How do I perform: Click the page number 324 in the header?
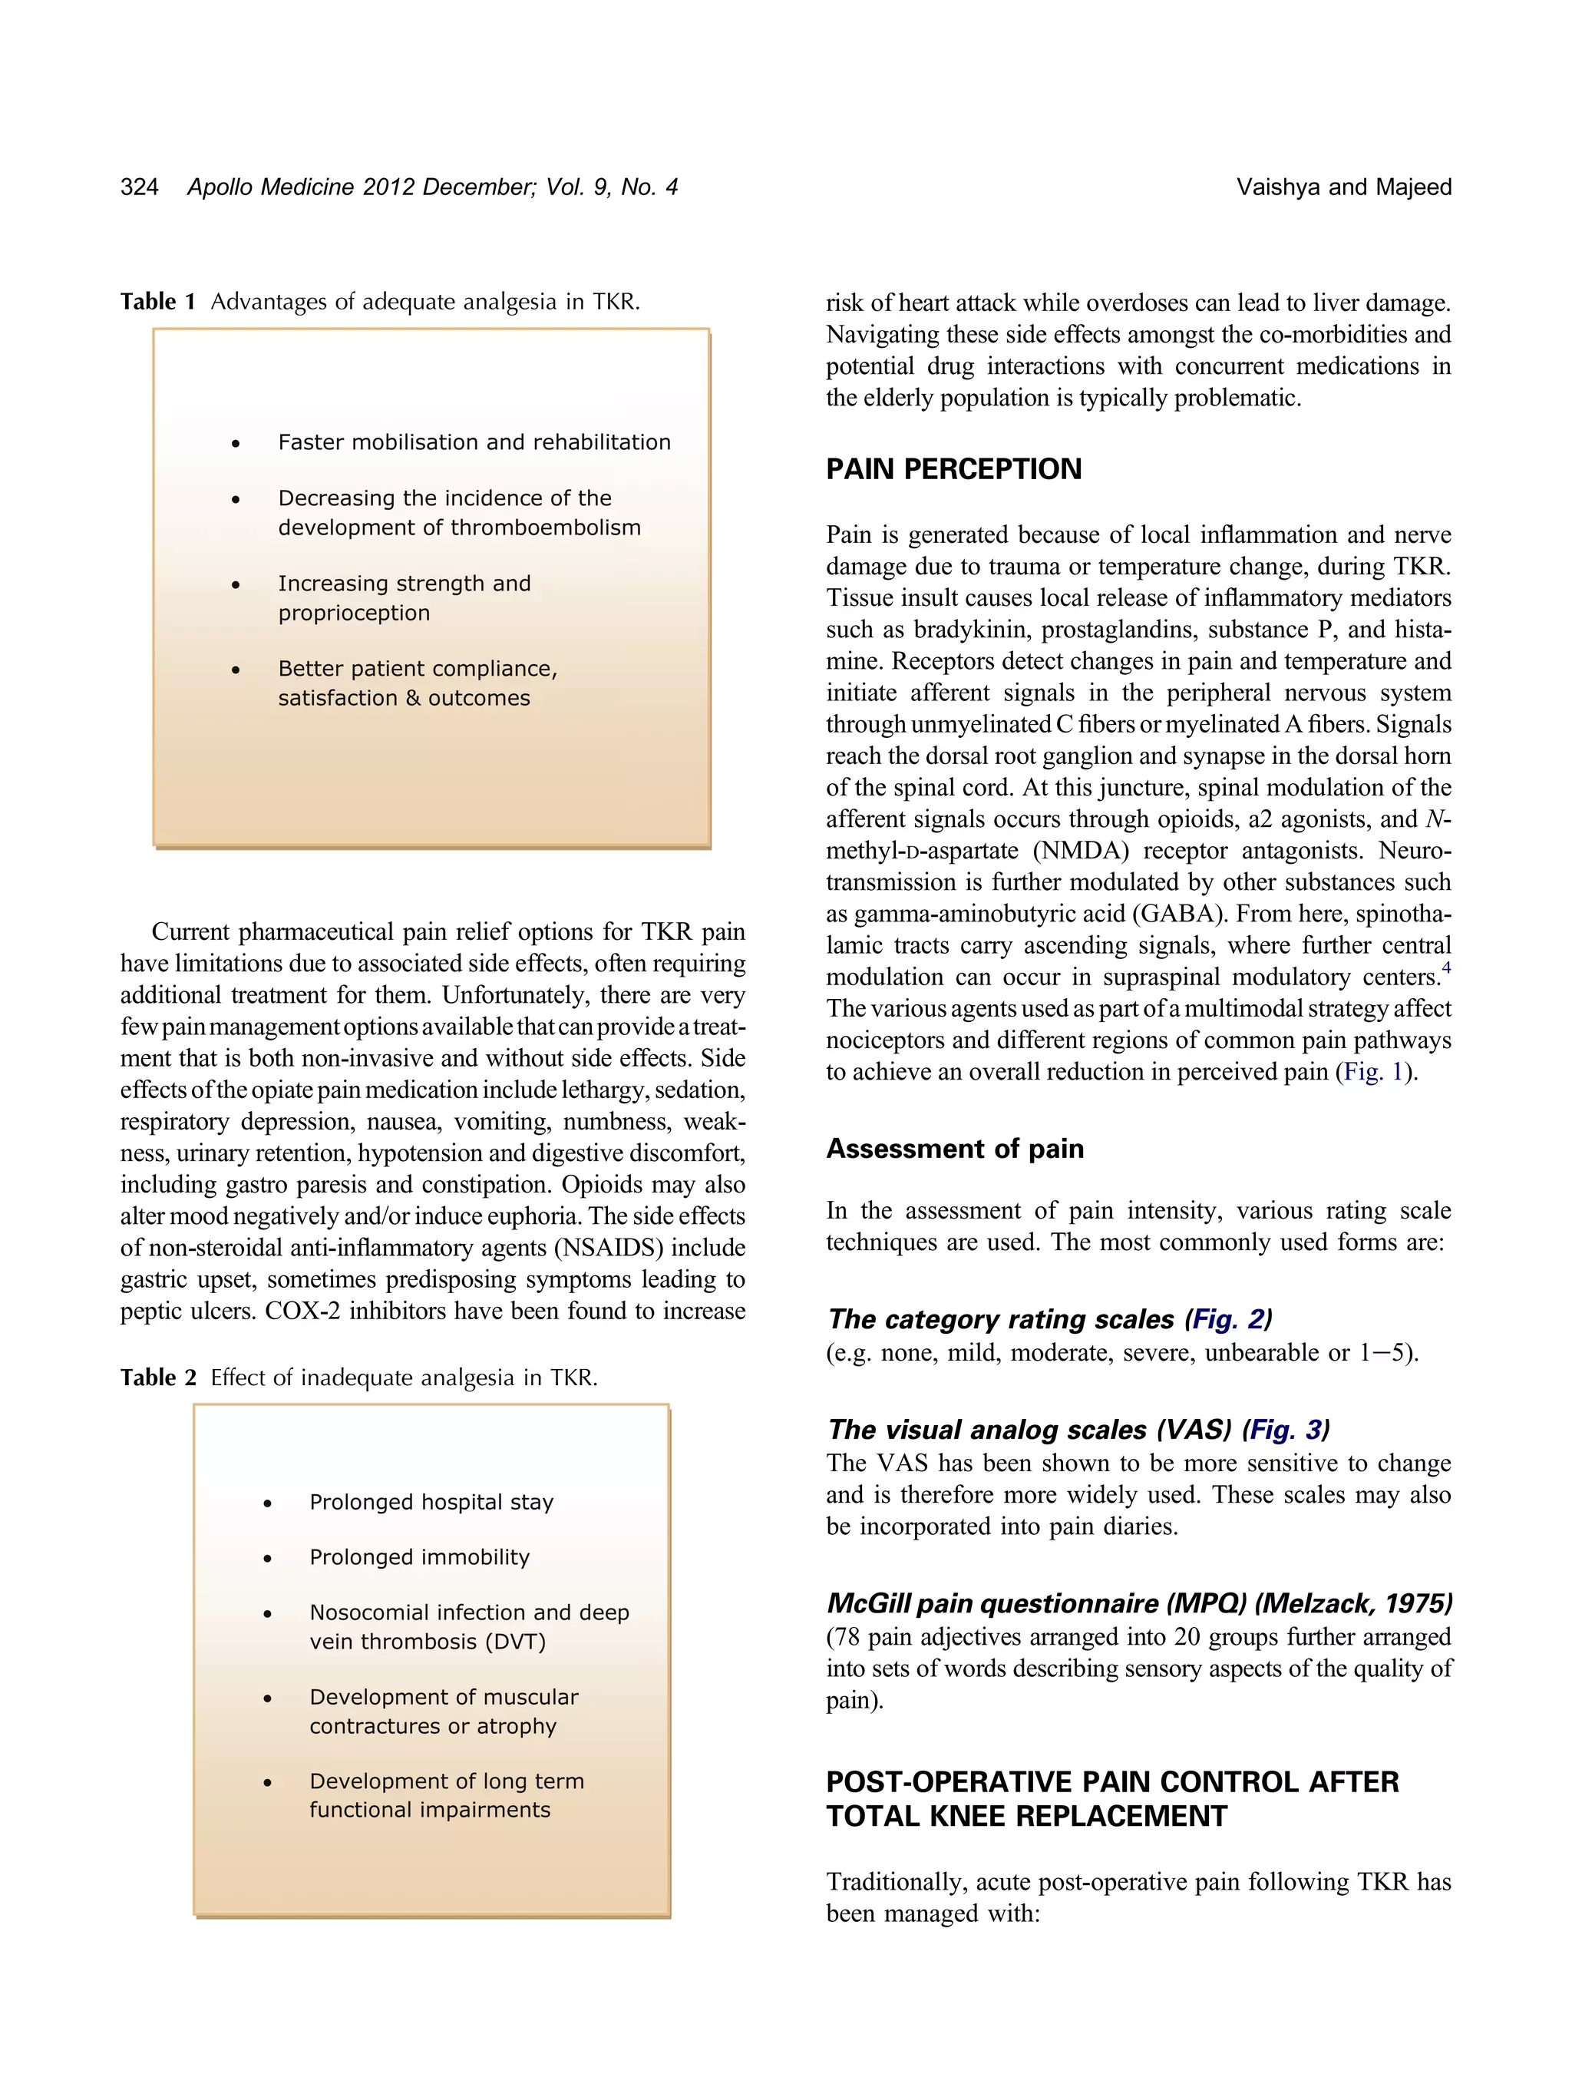point(139,187)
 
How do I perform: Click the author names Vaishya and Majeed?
point(1342,187)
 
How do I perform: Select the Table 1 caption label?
point(157,303)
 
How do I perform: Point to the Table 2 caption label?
point(157,1378)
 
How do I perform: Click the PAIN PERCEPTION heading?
point(953,469)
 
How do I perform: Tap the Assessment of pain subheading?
point(954,1149)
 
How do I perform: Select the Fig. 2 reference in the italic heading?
point(1228,1320)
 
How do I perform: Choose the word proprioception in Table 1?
point(353,614)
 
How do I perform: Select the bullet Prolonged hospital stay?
point(431,1503)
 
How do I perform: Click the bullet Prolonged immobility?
point(419,1557)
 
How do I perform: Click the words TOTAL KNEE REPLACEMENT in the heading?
point(1026,1817)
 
